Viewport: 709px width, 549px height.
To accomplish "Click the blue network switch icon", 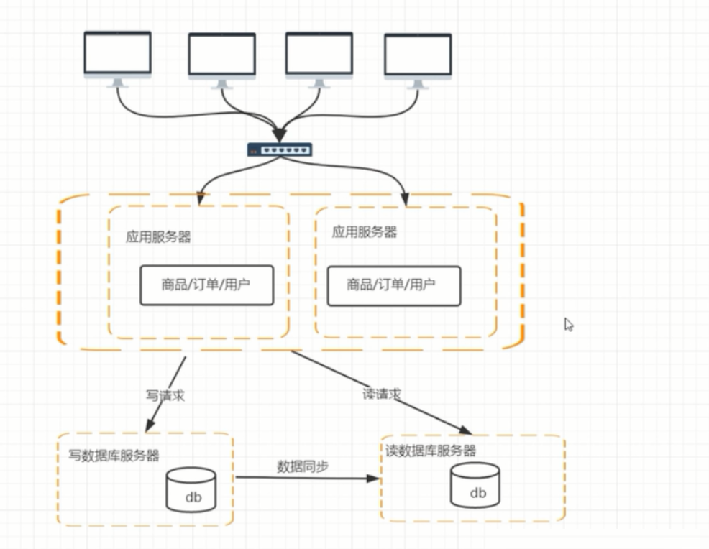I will pos(280,149).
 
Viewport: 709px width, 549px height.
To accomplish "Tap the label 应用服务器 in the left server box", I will pos(158,237).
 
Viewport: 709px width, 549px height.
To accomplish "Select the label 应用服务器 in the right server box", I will pos(365,232).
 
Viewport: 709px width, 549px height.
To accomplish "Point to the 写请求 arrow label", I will pos(165,395).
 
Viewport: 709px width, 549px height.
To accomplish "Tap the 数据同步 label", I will pos(303,466).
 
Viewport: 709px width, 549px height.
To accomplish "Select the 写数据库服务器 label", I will pos(114,455).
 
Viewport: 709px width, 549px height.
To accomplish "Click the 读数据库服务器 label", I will pos(430,451).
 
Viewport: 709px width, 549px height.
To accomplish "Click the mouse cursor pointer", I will pos(569,325).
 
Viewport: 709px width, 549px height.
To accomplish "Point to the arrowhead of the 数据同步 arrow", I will pos(374,477).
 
